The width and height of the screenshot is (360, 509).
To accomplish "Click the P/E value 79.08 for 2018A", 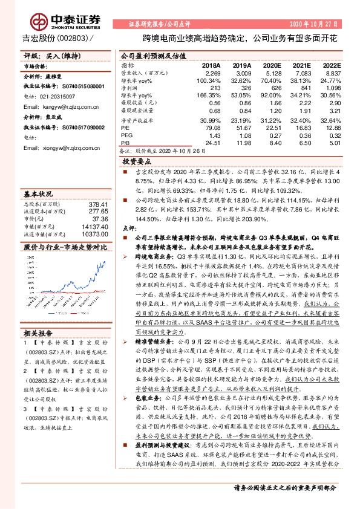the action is [x=212, y=127].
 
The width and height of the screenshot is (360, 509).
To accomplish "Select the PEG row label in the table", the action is [x=126, y=135].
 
